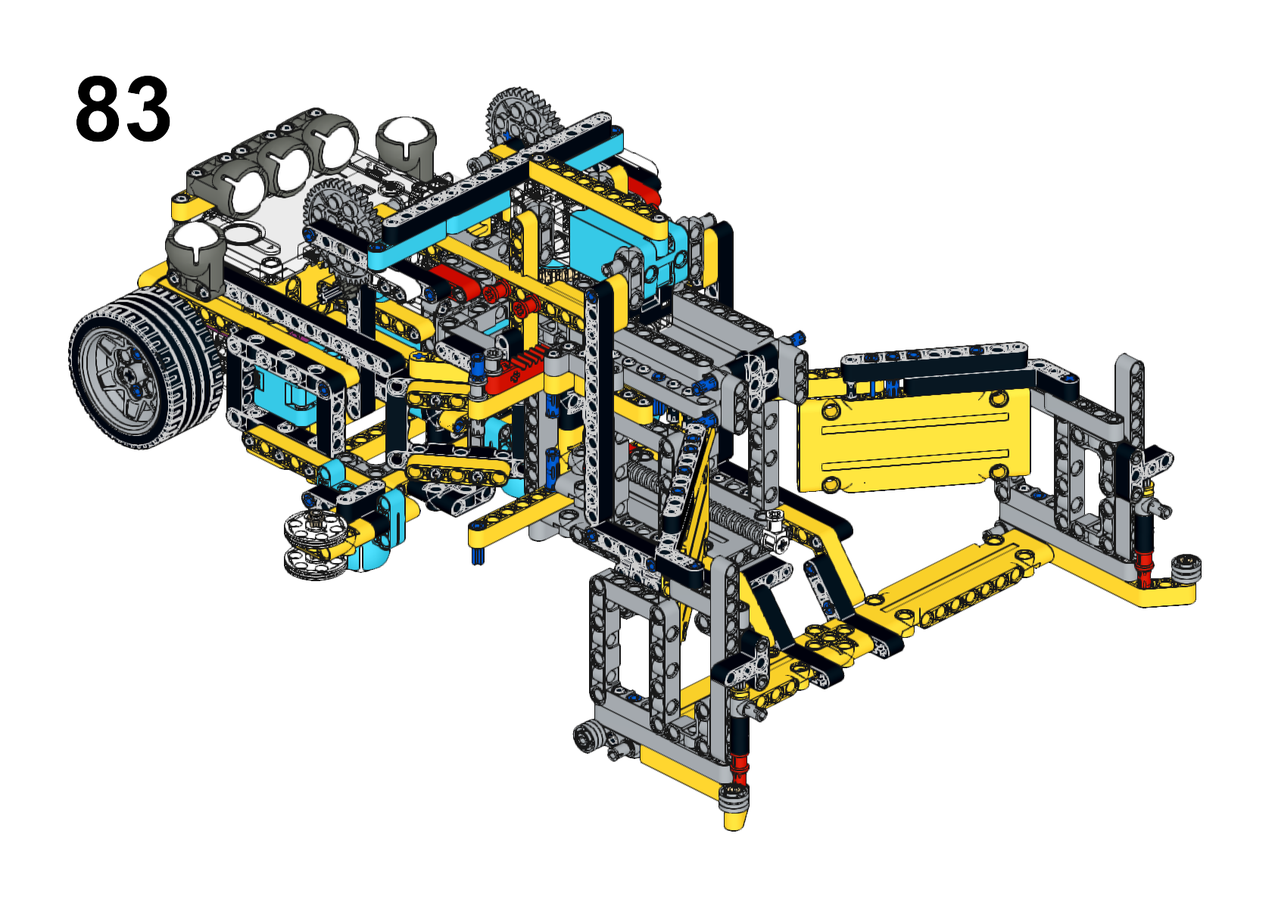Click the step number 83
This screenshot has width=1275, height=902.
point(123,109)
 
